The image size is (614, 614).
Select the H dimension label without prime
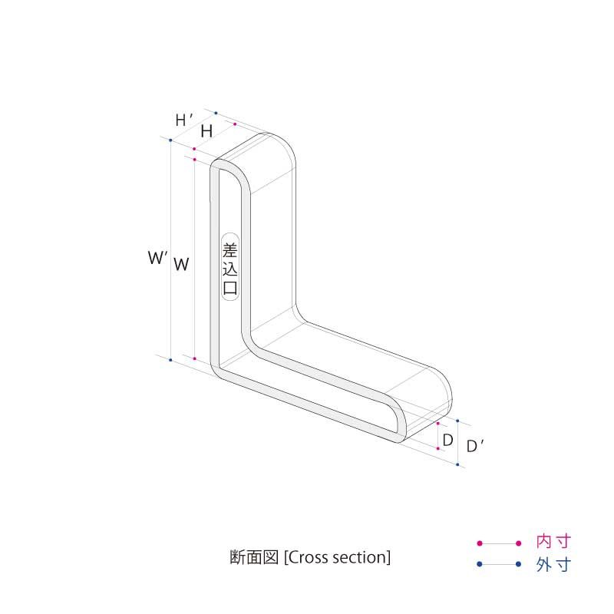pyautogui.click(x=206, y=131)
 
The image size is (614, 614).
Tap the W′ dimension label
pyautogui.click(x=157, y=259)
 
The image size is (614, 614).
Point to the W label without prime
pyautogui.click(x=181, y=264)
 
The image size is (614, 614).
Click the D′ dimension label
pyautogui.click(x=476, y=446)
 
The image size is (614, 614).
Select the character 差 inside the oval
pyautogui.click(x=229, y=249)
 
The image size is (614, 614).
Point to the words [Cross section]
pyautogui.click(x=338, y=557)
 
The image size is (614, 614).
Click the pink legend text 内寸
pyautogui.click(x=553, y=543)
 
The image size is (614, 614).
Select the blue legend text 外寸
pyautogui.click(x=553, y=565)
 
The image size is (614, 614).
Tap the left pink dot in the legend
pyautogui.click(x=479, y=543)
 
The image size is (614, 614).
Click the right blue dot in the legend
pyautogui.click(x=519, y=565)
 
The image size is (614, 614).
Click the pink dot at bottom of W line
pyautogui.click(x=195, y=358)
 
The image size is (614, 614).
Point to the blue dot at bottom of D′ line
pyautogui.click(x=458, y=465)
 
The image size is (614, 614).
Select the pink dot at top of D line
pyautogui.click(x=437, y=423)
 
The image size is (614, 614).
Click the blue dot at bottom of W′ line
pyautogui.click(x=170, y=358)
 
